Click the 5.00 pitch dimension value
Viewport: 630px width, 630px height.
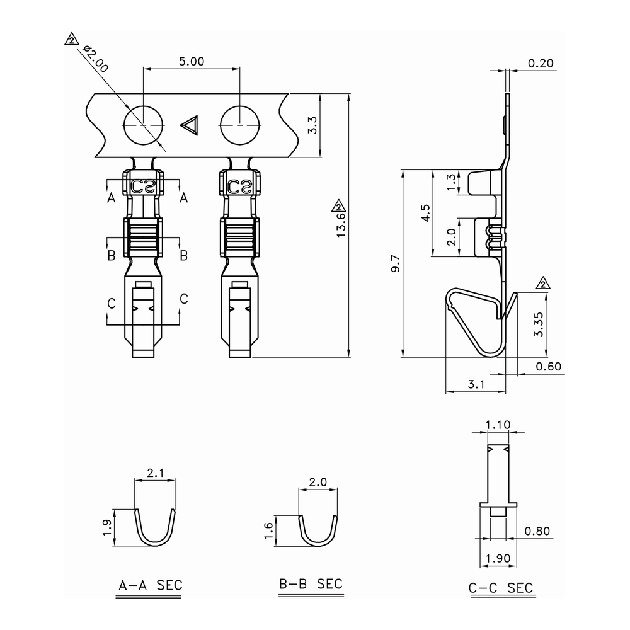(x=192, y=61)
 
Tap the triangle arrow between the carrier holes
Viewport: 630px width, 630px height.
(x=190, y=125)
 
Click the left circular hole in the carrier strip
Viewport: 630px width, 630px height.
(x=143, y=125)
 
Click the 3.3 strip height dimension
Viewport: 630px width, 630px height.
(x=312, y=125)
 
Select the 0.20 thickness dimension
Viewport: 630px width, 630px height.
(x=540, y=63)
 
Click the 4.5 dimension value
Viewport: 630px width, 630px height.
(x=425, y=213)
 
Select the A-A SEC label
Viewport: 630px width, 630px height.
(x=151, y=585)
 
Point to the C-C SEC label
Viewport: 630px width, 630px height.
(x=501, y=588)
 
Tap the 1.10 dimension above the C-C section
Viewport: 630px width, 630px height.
(x=498, y=425)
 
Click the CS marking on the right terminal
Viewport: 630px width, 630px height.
(x=239, y=186)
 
